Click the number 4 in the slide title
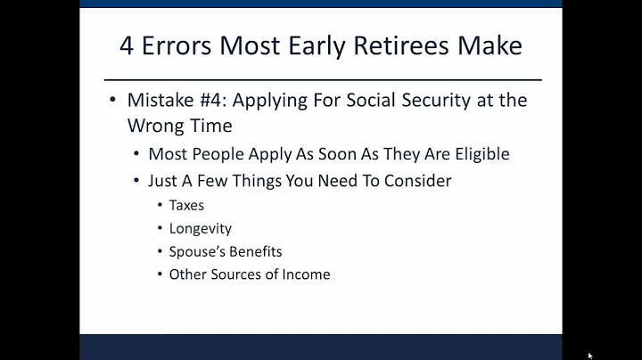tap(128, 46)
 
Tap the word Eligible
tap(477, 154)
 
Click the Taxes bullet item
tap(186, 205)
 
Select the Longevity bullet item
tap(201, 228)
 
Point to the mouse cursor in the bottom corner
tap(590, 355)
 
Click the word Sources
tap(248, 274)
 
